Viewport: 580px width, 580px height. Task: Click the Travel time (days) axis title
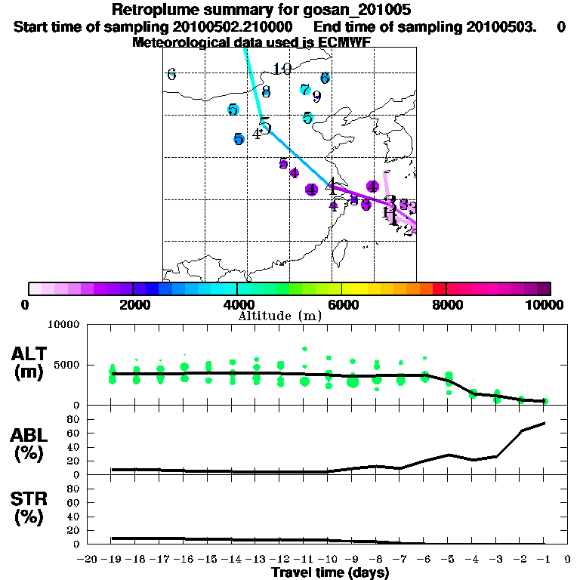[x=330, y=572]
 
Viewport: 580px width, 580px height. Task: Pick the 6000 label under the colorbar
[x=343, y=304]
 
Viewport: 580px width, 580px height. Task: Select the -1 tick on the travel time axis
[x=544, y=560]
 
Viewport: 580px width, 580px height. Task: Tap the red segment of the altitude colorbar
[x=440, y=288]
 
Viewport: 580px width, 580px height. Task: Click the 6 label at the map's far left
[x=171, y=74]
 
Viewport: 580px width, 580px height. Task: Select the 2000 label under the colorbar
[x=133, y=304]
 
